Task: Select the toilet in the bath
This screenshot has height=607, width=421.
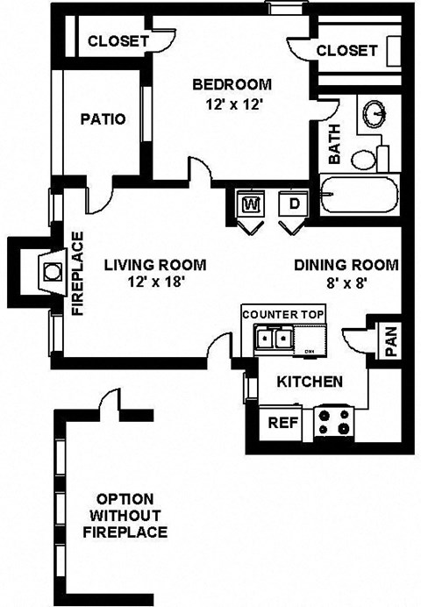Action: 367,159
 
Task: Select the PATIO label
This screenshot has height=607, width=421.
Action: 103,119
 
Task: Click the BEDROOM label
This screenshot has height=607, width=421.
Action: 232,85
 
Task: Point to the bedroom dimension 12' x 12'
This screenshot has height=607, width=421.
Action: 232,103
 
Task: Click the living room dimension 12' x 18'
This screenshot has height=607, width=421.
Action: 154,282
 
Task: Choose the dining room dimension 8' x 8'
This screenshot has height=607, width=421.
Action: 346,282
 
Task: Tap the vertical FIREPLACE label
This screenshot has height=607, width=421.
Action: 77,273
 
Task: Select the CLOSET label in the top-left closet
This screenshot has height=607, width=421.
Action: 118,41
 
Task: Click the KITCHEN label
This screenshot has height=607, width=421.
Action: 310,382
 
